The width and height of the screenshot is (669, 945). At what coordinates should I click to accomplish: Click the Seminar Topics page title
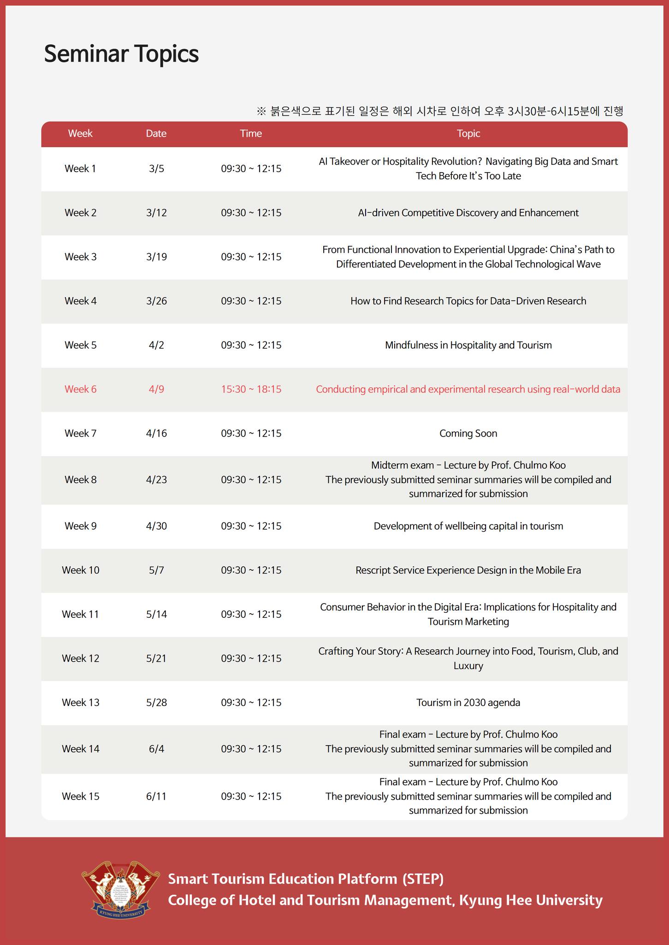121,54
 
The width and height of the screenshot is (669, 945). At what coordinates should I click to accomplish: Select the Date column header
156,134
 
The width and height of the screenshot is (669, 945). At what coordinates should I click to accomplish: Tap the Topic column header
468,134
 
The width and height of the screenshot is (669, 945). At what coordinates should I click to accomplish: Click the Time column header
251,134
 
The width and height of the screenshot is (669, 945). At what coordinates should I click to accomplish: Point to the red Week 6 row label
81,389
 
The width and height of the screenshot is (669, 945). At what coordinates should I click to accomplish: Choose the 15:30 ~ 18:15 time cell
251,389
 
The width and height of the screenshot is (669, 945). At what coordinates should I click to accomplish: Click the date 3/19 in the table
156,257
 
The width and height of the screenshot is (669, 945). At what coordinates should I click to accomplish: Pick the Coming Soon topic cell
468,434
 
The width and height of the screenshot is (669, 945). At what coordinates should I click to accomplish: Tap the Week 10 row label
81,570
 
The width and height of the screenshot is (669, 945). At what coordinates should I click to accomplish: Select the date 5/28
156,703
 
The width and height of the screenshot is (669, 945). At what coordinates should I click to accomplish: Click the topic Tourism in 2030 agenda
468,703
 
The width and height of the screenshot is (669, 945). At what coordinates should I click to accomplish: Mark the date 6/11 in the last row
156,796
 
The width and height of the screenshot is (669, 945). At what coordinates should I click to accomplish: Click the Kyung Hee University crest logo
121,888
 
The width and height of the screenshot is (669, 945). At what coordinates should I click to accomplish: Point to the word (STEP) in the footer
423,879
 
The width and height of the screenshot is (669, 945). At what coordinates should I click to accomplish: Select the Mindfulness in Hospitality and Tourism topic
468,346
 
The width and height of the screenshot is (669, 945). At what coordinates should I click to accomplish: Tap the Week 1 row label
81,169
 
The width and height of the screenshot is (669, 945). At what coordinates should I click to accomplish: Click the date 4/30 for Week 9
156,526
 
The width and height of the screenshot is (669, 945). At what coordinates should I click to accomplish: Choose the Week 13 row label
81,703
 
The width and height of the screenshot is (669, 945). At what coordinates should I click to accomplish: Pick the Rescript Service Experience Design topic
468,570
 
